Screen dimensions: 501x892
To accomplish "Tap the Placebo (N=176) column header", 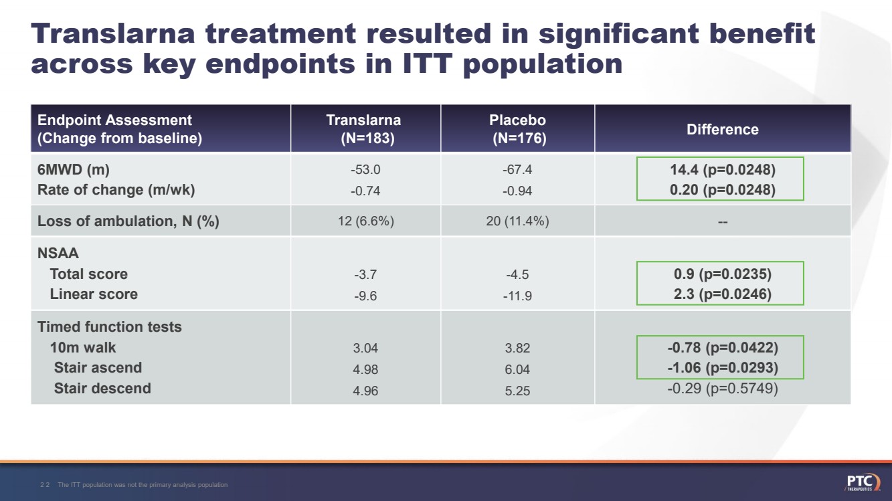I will click(x=517, y=129).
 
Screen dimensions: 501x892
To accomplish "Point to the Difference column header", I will click(x=722, y=130).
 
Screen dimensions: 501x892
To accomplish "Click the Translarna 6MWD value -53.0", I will click(x=365, y=170).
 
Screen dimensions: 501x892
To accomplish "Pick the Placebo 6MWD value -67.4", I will click(x=517, y=170).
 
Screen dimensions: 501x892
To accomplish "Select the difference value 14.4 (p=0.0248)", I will click(x=722, y=170).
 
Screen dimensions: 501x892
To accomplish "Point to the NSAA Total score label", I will click(x=88, y=274).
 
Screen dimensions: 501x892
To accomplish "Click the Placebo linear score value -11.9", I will click(x=517, y=296).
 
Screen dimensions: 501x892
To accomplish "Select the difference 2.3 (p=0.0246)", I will click(x=722, y=294).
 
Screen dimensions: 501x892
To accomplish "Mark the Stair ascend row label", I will click(x=98, y=368).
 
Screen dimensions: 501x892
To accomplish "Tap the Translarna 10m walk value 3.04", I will click(x=365, y=348).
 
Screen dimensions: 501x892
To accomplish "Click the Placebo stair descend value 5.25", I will click(x=517, y=391).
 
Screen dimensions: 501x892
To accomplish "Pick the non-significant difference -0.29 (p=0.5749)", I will click(x=722, y=389).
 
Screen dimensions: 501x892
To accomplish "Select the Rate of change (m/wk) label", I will click(x=116, y=190).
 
